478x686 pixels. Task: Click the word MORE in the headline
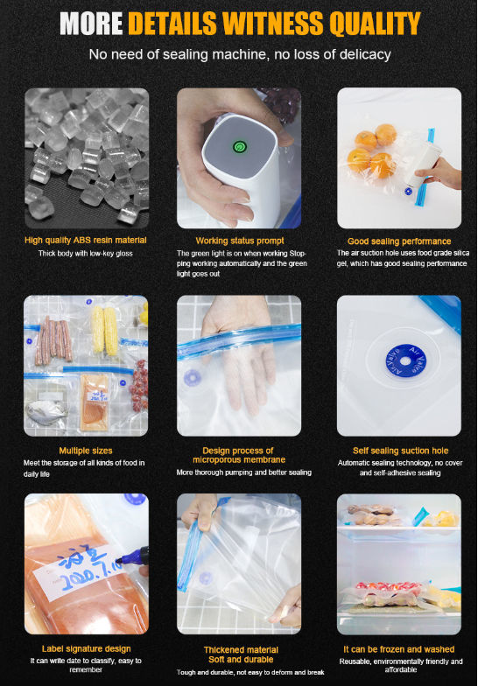[91, 23]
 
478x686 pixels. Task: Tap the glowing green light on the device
[240, 147]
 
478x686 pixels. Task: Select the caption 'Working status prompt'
[240, 241]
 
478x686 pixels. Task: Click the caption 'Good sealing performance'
[399, 241]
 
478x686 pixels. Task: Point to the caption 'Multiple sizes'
[86, 451]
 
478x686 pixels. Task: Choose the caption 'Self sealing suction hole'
[401, 451]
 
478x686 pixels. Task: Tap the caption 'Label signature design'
[86, 649]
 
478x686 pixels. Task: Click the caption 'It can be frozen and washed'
[399, 649]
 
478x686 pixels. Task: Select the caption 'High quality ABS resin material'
[86, 240]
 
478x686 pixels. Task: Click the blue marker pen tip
[119, 560]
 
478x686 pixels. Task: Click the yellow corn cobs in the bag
[105, 330]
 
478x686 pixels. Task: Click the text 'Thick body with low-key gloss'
[86, 254]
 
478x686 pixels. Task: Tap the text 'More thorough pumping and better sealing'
[243, 472]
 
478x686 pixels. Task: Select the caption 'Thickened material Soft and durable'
[241, 654]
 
